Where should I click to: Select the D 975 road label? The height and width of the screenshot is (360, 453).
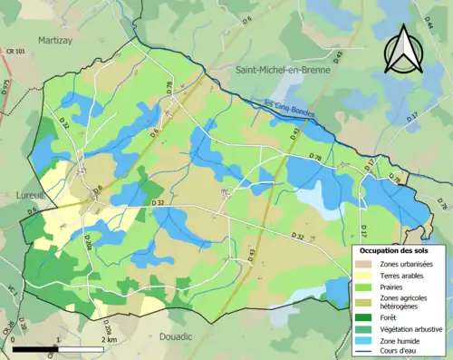tap(5, 87)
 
